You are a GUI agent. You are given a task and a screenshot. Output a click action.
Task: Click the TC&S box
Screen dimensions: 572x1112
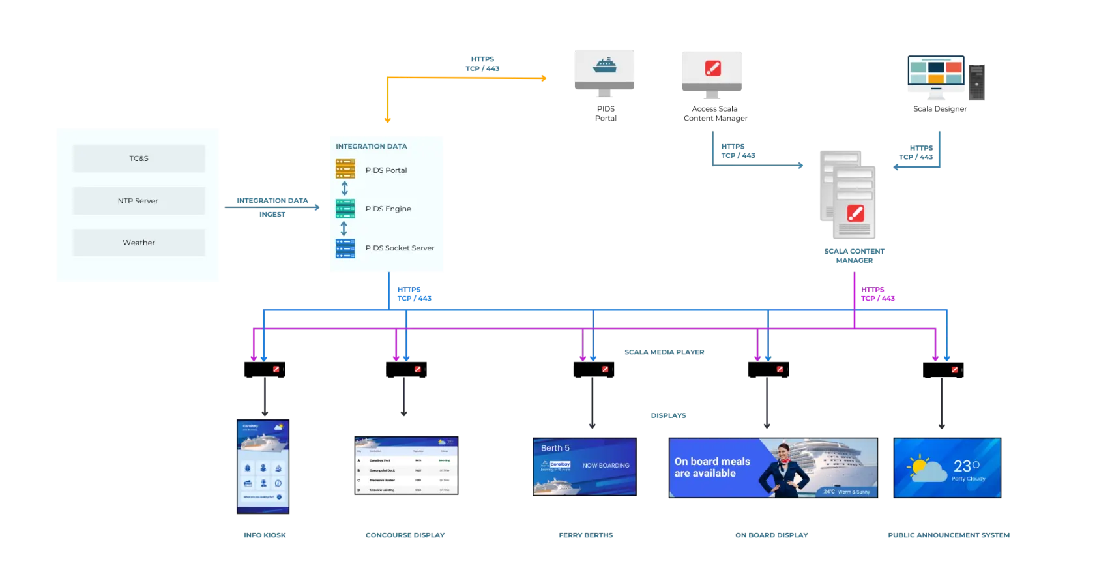139,158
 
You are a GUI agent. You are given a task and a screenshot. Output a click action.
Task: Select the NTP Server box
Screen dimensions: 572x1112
138,201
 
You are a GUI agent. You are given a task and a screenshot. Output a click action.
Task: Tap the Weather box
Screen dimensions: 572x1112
139,243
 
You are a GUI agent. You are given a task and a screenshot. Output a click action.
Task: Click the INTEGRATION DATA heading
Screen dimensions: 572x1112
371,147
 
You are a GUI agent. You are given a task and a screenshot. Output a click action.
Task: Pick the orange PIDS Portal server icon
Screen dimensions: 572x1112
345,169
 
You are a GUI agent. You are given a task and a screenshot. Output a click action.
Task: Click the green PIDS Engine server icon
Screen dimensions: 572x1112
345,209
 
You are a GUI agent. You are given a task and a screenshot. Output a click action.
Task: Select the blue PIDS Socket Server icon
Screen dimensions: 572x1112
345,248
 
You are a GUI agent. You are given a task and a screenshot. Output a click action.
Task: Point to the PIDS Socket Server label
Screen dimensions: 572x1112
400,248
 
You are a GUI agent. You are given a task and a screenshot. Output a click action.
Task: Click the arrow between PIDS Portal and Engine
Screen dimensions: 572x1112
345,188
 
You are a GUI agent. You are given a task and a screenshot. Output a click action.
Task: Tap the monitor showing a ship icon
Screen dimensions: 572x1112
605,68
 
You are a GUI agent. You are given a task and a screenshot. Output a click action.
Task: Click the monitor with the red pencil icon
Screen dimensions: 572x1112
712,68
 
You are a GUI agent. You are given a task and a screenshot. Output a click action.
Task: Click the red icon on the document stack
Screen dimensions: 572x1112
855,213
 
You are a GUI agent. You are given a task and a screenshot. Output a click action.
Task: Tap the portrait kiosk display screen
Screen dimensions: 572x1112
263,465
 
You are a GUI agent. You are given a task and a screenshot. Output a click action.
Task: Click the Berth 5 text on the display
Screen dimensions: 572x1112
555,448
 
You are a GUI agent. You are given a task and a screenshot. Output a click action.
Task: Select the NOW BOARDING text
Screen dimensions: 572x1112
606,466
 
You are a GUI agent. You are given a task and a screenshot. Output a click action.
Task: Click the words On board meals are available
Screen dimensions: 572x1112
712,467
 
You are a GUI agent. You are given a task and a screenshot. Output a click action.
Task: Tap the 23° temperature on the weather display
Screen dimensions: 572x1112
966,466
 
